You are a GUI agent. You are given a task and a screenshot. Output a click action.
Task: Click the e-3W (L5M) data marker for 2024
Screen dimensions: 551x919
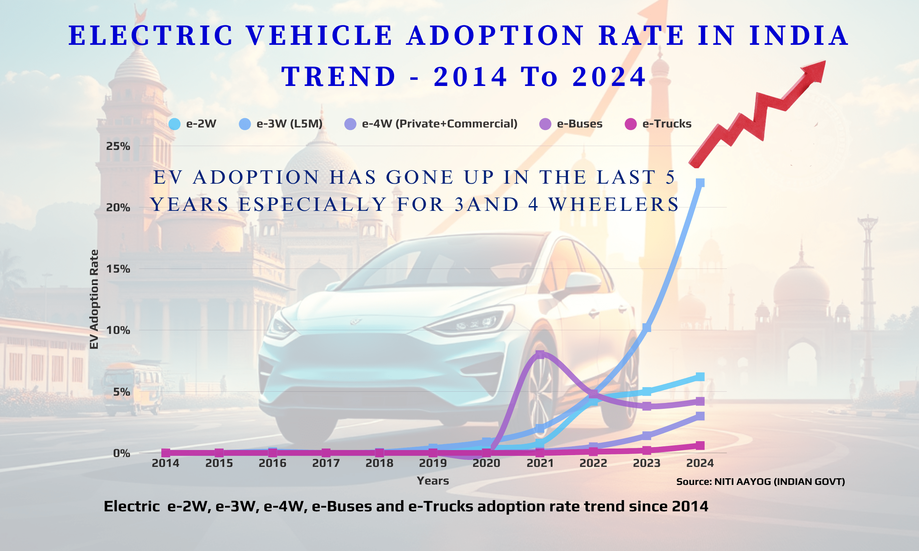click(x=700, y=183)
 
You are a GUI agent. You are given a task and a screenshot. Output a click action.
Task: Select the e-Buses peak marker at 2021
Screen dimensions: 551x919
click(x=540, y=354)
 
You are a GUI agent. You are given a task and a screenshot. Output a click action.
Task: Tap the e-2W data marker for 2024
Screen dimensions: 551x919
click(x=700, y=377)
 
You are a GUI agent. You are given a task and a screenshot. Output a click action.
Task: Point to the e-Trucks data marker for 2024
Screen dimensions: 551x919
click(x=700, y=445)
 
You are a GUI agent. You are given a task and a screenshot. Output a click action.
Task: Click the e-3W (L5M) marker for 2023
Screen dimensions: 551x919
click(x=646, y=328)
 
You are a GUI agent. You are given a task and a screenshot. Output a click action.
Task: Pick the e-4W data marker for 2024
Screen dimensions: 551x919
click(x=700, y=416)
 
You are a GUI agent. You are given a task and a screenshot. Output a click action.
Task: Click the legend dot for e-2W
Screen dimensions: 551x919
click(x=174, y=124)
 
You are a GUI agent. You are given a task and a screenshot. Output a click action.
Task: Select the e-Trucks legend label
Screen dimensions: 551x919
click(x=667, y=124)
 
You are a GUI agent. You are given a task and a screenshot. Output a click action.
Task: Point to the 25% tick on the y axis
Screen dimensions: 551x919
click(x=118, y=146)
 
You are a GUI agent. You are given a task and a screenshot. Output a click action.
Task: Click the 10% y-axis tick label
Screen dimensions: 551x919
click(x=118, y=330)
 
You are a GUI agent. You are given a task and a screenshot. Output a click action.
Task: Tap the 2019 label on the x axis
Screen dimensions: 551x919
click(x=432, y=463)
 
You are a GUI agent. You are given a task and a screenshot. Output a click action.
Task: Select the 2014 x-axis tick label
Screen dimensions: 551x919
click(x=165, y=463)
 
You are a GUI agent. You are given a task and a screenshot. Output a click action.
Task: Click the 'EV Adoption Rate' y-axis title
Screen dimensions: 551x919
click(x=94, y=299)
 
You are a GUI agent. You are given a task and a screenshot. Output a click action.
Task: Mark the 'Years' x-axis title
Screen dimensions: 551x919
click(x=432, y=481)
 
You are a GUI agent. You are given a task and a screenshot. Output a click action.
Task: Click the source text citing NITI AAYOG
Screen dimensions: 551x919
click(x=761, y=482)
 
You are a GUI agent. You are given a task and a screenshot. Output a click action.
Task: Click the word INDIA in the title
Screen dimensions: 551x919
click(x=798, y=36)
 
